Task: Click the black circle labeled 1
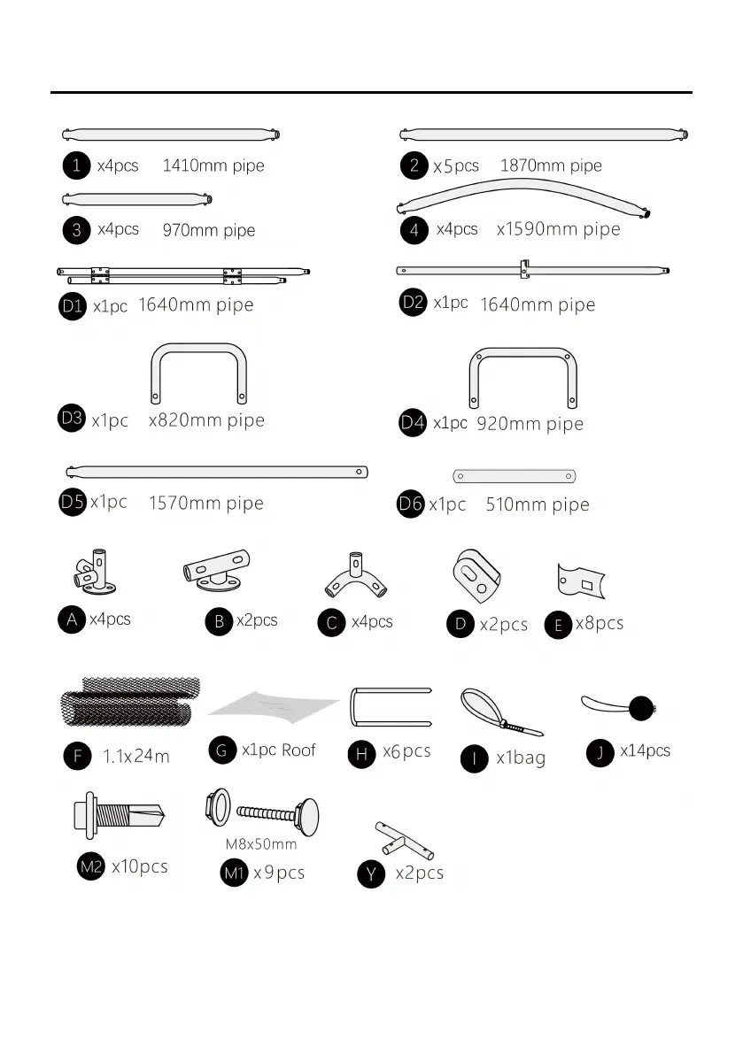click(x=77, y=165)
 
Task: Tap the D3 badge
click(x=73, y=419)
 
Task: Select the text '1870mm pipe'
click(x=551, y=165)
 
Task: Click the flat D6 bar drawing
click(x=515, y=476)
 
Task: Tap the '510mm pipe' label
click(x=538, y=505)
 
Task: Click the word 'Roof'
click(x=298, y=750)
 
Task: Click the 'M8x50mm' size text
click(x=261, y=844)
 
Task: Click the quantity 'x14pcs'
click(x=645, y=751)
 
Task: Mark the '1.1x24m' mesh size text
click(x=136, y=757)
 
